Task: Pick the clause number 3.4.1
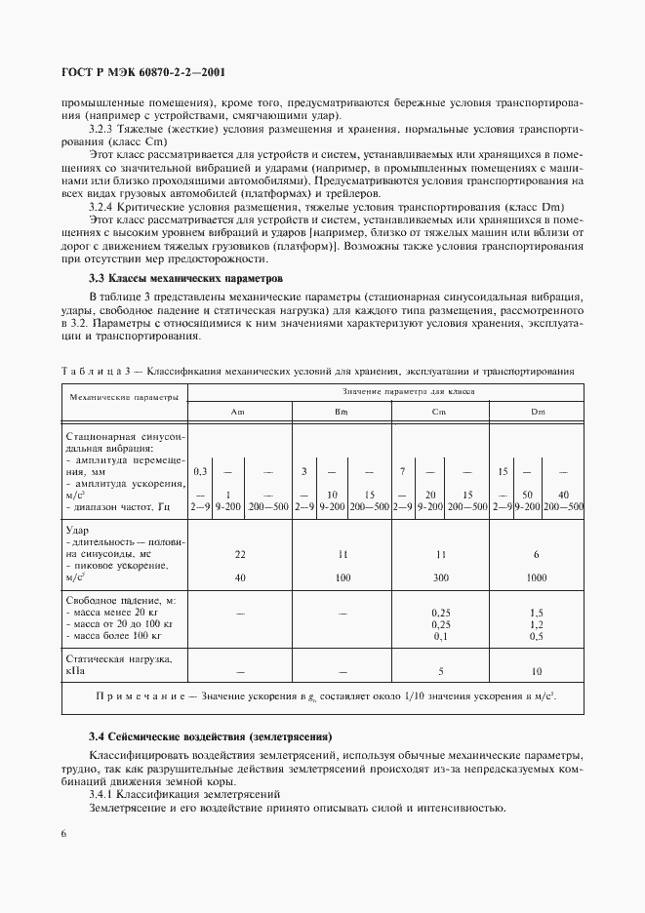(104, 795)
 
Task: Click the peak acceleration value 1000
(537, 577)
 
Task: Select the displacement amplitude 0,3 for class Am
(200, 471)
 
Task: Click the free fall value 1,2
(537, 624)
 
